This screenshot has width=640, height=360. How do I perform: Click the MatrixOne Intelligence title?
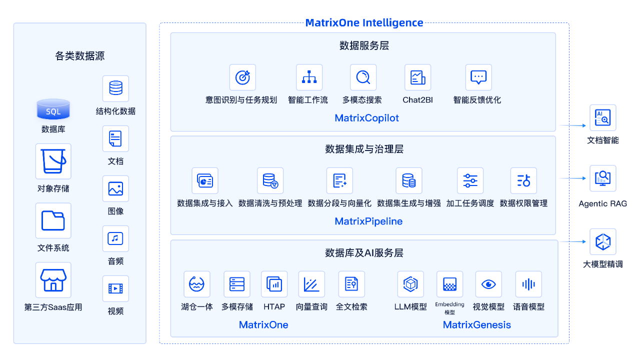364,22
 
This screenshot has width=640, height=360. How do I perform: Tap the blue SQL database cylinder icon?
53,109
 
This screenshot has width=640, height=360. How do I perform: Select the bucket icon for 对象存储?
53,161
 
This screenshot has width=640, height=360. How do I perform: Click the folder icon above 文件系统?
53,220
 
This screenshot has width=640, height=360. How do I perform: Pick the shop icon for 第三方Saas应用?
53,280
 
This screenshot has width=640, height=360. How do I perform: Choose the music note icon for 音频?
115,238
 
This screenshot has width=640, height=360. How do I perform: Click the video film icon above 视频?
115,288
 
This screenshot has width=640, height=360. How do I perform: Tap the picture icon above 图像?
115,188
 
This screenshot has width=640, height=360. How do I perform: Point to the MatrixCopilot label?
367,118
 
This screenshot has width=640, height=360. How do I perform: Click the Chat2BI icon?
417,77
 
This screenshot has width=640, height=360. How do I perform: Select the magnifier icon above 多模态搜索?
363,77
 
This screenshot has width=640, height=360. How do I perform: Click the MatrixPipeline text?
368,221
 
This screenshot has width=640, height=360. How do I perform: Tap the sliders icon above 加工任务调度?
470,180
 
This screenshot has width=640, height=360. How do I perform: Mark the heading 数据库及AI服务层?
364,253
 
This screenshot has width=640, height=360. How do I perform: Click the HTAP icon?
274,284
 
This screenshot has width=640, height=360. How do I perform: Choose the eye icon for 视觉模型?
488,284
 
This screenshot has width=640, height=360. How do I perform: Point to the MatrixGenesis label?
477,325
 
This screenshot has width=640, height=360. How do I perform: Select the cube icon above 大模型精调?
602,242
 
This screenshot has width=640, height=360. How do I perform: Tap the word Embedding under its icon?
449,304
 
